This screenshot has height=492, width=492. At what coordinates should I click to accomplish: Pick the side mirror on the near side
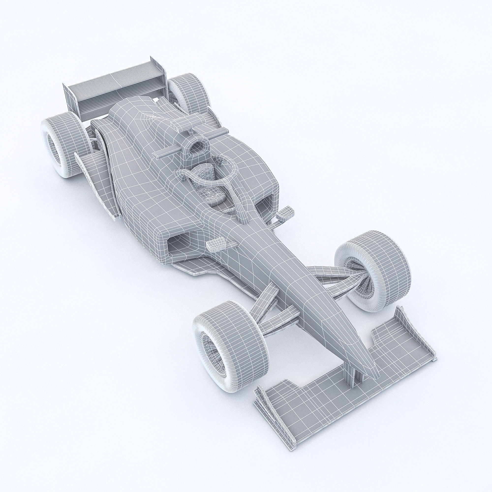(x=216, y=245)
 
